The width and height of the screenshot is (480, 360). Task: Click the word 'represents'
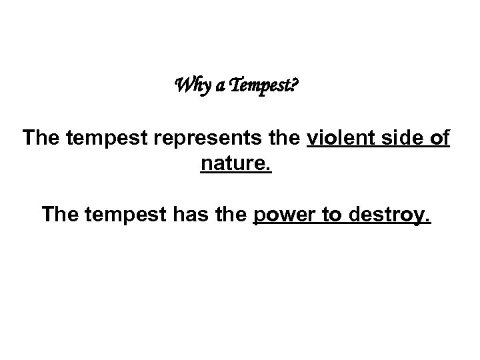pos(189,140)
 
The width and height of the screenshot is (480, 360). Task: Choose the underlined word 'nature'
pos(233,163)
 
